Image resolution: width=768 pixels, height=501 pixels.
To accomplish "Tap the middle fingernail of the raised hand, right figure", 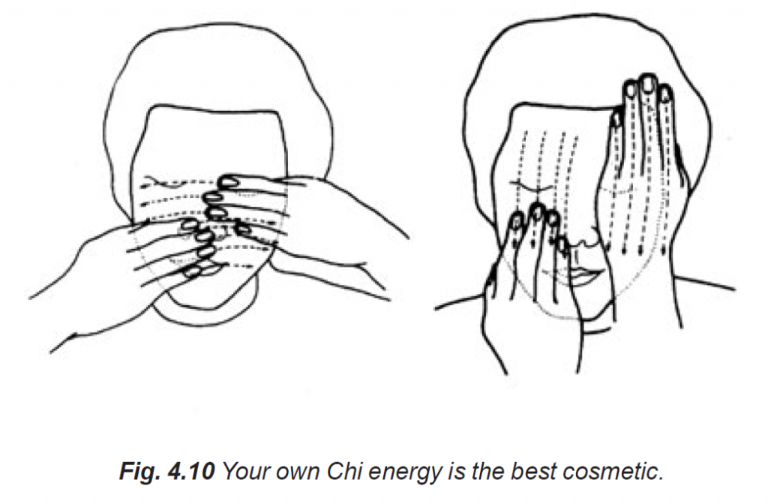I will (x=648, y=82).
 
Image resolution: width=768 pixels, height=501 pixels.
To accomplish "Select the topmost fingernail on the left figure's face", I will (x=229, y=181).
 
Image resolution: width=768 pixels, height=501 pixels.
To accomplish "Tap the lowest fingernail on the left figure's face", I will (x=193, y=272).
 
